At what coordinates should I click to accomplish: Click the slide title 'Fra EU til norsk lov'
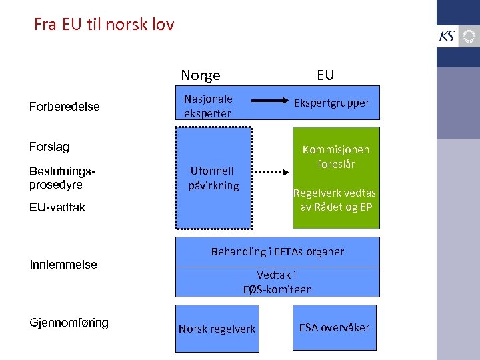[104, 25]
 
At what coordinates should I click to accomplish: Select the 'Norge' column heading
[201, 75]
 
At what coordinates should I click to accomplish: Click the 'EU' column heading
[325, 75]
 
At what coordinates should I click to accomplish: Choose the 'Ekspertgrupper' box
[332, 103]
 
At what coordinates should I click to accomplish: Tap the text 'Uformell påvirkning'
[213, 179]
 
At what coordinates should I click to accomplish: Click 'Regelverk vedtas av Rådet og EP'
[335, 199]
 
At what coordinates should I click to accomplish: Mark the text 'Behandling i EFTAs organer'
[277, 252]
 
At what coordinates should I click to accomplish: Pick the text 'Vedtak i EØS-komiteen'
[277, 282]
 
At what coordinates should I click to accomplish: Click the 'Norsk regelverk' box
[217, 329]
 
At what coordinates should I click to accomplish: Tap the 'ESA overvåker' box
[334, 327]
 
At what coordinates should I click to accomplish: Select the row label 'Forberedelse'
[65, 107]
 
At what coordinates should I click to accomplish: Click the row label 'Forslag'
[49, 147]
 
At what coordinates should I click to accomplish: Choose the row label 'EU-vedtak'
[57, 207]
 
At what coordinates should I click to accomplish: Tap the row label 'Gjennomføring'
[69, 323]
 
